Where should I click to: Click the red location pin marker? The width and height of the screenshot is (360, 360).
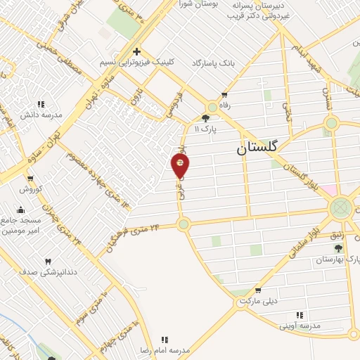[181, 165]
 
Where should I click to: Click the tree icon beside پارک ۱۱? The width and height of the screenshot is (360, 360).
[205, 118]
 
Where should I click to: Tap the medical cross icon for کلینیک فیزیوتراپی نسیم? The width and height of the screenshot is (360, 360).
[136, 51]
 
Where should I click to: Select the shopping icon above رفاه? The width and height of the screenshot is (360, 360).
[224, 94]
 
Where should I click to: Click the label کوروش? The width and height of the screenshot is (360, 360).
[32, 189]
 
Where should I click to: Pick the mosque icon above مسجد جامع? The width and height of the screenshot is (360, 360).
[20, 209]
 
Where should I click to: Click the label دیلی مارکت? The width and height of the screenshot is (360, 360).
[259, 300]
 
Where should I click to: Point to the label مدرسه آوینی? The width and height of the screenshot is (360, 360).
[300, 326]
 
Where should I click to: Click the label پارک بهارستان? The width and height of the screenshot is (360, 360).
[338, 259]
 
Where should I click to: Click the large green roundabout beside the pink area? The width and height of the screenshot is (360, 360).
[341, 208]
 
